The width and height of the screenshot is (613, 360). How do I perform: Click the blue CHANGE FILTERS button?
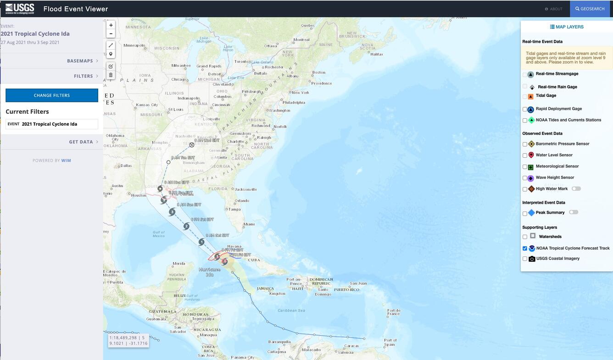point(52,95)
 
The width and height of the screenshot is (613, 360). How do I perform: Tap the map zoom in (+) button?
point(111,25)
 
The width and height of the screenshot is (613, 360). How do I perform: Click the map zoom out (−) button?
point(111,34)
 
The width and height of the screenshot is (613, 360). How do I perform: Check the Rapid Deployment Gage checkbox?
point(525,110)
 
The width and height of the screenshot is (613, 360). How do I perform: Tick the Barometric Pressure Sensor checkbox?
point(525,144)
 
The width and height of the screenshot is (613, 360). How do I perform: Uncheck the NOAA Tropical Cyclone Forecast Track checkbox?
point(525,249)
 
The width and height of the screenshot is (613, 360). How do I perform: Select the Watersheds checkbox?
point(525,237)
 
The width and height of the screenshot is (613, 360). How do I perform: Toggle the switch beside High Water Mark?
point(576,188)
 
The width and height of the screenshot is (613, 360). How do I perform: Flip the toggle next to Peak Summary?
point(573,212)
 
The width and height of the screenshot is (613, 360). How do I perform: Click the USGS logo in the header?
point(20,8)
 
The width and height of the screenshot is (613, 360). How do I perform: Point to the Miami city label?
point(249,224)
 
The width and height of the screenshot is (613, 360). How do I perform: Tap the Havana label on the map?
point(234,246)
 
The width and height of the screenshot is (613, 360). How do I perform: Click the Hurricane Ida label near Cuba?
point(209,272)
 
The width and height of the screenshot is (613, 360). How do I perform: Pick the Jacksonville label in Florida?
point(245,189)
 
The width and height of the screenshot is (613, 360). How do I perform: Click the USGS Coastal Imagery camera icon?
point(532,259)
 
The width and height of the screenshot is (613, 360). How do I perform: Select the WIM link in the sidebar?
point(66,161)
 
